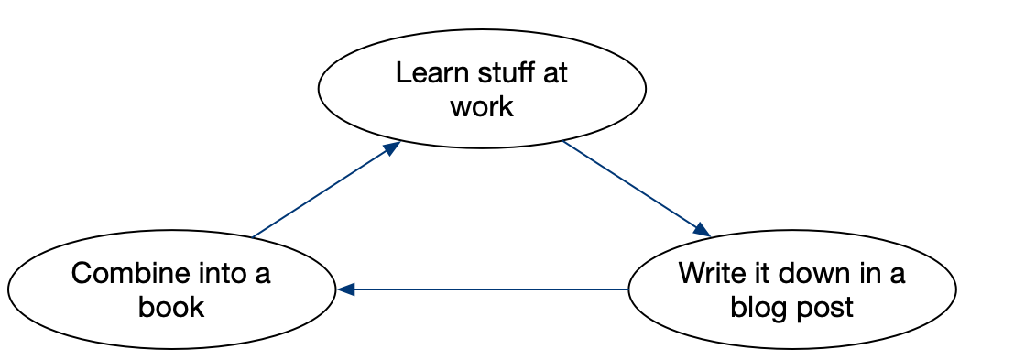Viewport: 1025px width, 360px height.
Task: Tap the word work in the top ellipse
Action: click(482, 106)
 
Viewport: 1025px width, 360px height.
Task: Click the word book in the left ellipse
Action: click(171, 307)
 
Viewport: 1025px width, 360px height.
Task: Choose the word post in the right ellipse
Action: click(827, 307)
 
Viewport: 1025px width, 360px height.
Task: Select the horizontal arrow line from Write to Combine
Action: click(485, 289)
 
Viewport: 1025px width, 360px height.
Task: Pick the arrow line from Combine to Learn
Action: click(321, 192)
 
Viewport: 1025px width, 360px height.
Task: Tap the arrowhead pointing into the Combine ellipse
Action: click(345, 289)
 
